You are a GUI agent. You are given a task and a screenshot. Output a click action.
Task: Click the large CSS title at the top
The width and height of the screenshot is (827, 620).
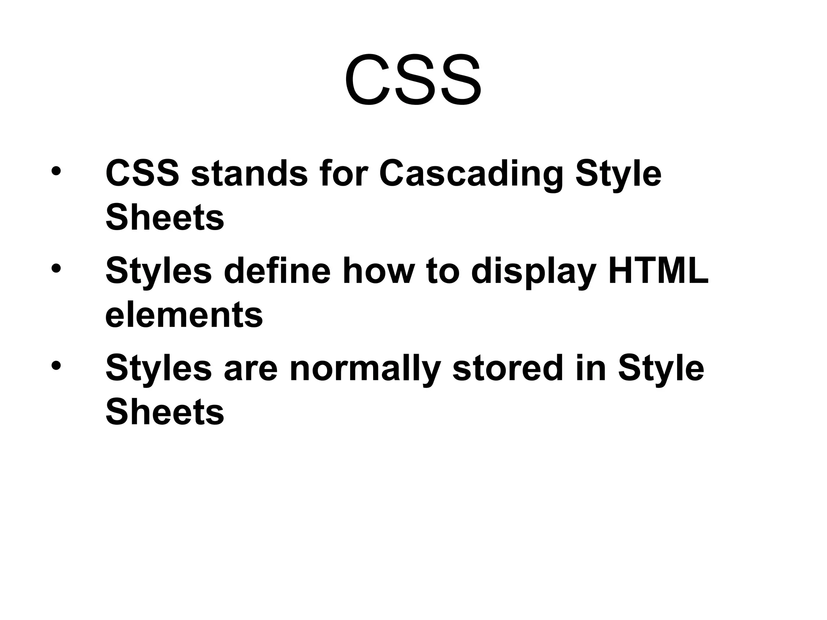tap(413, 81)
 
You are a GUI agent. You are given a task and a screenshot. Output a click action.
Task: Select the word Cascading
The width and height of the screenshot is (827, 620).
tap(471, 174)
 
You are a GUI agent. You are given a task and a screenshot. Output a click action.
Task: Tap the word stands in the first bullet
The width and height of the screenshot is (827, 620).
tap(249, 174)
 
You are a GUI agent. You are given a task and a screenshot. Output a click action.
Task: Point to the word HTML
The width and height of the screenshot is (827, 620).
tap(658, 271)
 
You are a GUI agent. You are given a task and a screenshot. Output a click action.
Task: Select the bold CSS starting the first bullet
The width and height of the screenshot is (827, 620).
tap(142, 174)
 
